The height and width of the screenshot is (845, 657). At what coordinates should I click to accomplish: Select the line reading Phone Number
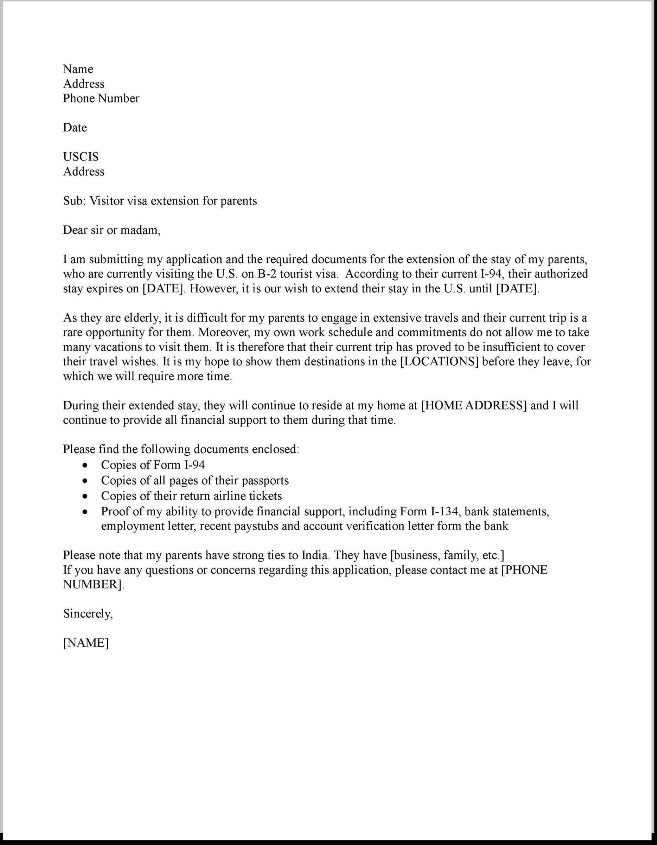coord(101,98)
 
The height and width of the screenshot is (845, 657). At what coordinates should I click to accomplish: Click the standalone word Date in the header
coord(75,128)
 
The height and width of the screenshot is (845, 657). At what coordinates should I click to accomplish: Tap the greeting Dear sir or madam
coord(112,230)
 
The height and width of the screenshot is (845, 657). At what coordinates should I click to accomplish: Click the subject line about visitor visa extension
coord(160,201)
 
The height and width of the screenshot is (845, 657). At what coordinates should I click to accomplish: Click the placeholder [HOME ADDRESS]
coord(474,405)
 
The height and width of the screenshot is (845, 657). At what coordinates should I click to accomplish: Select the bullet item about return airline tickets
coord(191,496)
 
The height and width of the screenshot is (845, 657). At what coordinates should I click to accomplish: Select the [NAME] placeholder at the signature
coord(86,643)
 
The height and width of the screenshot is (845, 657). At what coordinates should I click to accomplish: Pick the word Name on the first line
coord(78,69)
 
